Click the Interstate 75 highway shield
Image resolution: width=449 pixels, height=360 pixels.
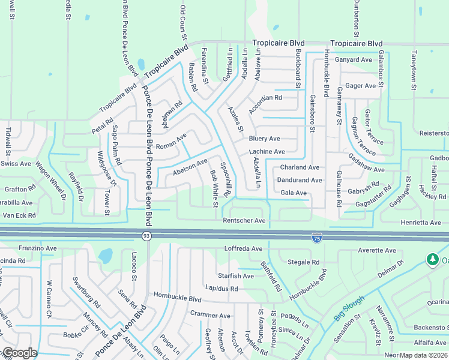316,238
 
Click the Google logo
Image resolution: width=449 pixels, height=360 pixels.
20,353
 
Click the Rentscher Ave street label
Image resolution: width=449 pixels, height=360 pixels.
244,221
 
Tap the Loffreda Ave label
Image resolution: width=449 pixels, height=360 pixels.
243,248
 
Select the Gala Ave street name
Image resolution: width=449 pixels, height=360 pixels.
294,193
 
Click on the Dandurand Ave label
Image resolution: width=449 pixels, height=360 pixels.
299,180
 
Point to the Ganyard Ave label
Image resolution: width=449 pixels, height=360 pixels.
354,60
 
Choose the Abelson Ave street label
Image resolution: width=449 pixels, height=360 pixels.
190,166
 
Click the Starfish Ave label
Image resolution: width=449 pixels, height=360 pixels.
236,276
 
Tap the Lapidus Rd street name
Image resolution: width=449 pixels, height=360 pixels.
221,289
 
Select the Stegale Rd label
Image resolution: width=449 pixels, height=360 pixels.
303,262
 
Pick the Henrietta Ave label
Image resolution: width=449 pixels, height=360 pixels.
421,223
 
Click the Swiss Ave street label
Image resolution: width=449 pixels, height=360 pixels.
16,163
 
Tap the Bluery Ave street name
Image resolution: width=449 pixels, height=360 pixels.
265,139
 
